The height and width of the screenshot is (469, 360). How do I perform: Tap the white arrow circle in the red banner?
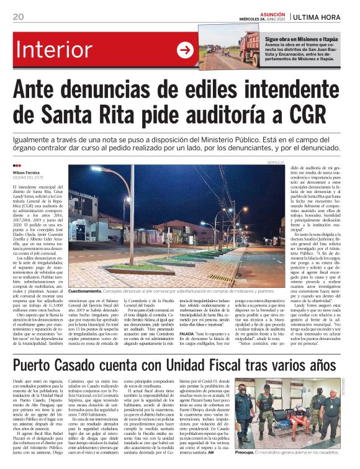[x=185, y=50]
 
